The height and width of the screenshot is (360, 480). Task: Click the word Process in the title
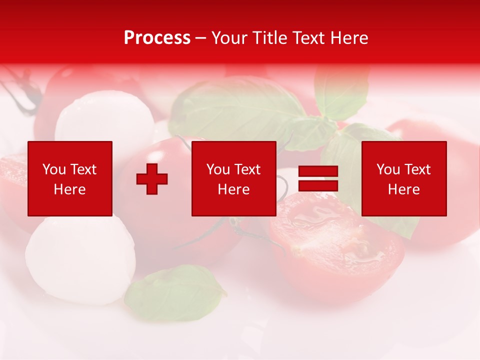pyautogui.click(x=157, y=38)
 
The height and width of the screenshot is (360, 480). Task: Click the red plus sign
pyautogui.click(x=152, y=179)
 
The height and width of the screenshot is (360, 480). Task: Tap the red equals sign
pyautogui.click(x=318, y=179)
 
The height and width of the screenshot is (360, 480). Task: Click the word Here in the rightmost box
pyautogui.click(x=403, y=189)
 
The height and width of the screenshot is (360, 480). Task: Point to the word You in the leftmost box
pyautogui.click(x=54, y=169)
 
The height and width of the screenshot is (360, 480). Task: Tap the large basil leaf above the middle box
pyautogui.click(x=235, y=107)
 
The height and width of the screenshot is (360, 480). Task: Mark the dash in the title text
pyautogui.click(x=201, y=38)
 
